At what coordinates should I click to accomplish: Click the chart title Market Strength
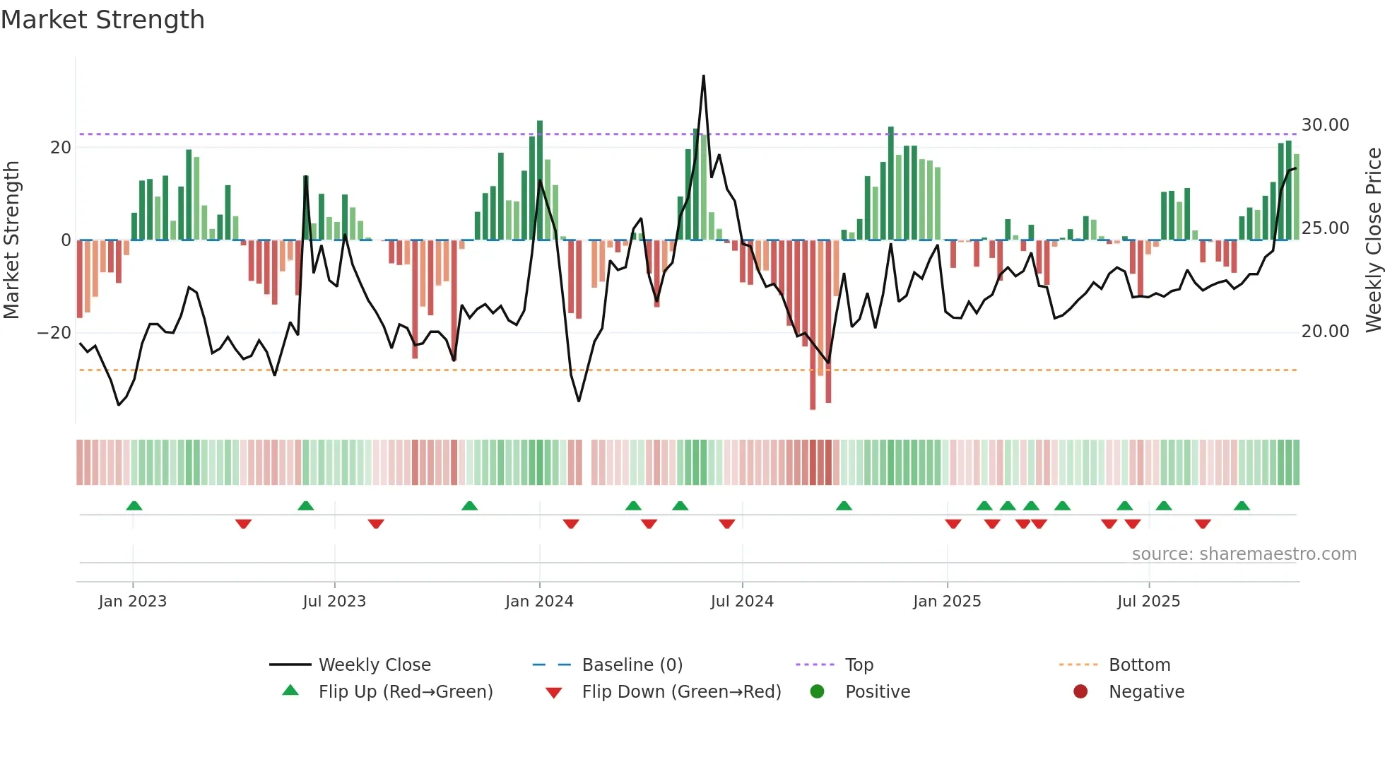click(102, 20)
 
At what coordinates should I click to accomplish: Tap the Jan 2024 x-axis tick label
click(539, 602)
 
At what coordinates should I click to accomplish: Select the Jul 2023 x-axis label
click(334, 602)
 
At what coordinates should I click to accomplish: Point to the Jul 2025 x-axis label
click(1148, 602)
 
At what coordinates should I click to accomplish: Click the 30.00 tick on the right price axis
click(1325, 125)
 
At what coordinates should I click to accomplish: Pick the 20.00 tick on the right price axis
click(1325, 332)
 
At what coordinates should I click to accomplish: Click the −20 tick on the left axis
click(54, 332)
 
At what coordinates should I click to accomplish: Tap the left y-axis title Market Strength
click(12, 240)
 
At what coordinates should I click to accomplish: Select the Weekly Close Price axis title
click(1373, 240)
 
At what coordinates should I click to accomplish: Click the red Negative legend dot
click(1080, 692)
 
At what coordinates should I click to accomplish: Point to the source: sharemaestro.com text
click(1244, 554)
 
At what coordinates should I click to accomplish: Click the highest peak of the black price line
click(704, 76)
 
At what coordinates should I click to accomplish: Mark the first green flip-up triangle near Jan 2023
click(134, 505)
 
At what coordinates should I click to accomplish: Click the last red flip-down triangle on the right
click(1203, 524)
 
